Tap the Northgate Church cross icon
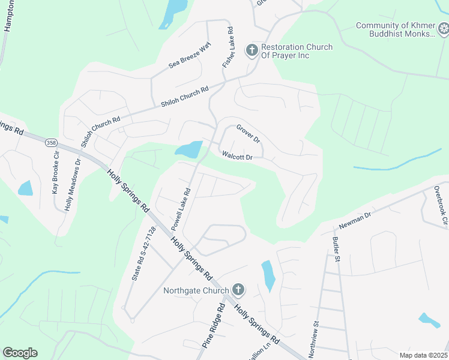238,290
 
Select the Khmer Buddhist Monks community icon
443,29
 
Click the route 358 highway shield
50,143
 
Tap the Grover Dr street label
248,133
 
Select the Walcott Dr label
237,157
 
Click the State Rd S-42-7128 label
143,254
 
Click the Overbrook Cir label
440,205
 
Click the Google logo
20,353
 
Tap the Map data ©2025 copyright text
423,355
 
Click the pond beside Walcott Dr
190,149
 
